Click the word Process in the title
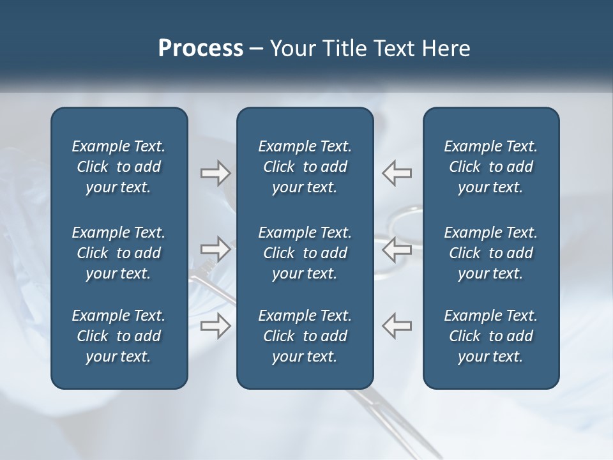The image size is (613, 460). click(x=201, y=49)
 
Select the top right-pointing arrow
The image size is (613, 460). click(x=216, y=173)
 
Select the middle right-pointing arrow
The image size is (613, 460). click(x=216, y=249)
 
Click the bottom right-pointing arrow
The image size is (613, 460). click(x=216, y=325)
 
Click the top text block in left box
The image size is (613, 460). click(x=119, y=167)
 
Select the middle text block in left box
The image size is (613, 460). click(x=119, y=253)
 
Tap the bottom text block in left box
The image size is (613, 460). click(x=119, y=336)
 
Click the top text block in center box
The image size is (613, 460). click(x=305, y=167)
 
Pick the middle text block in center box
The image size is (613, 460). click(x=305, y=253)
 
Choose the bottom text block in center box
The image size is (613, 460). click(x=305, y=336)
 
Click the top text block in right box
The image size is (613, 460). click(x=490, y=167)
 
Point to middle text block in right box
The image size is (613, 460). click(x=490, y=253)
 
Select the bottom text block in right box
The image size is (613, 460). click(x=490, y=336)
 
